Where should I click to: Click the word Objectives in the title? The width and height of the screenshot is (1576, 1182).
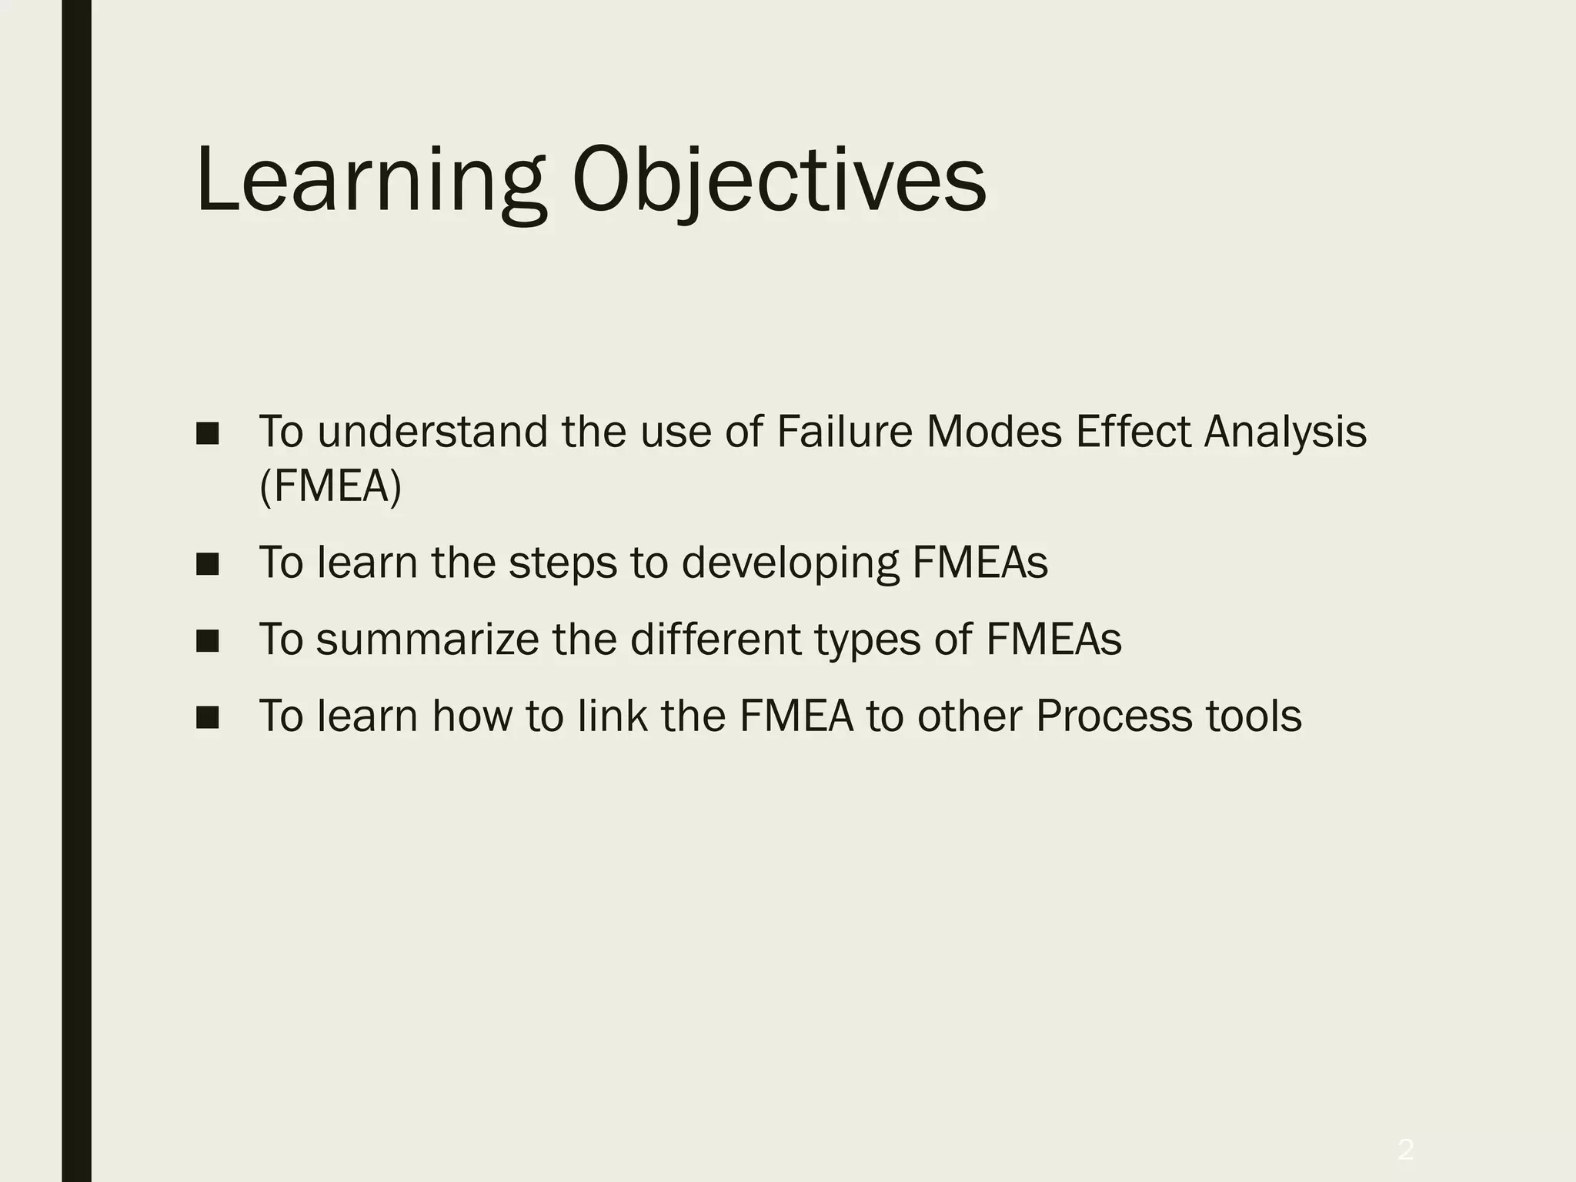pyautogui.click(x=779, y=182)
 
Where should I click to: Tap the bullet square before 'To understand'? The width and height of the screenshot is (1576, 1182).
pyautogui.click(x=207, y=433)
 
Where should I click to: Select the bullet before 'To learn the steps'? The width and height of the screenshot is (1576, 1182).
pyautogui.click(x=207, y=564)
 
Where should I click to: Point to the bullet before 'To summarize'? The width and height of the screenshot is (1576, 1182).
pyautogui.click(x=207, y=640)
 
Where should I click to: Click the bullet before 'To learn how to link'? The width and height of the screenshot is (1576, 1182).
pyautogui.click(x=207, y=717)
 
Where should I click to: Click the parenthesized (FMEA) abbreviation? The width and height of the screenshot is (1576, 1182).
pyautogui.click(x=331, y=486)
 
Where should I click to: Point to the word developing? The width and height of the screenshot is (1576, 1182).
pyautogui.click(x=790, y=563)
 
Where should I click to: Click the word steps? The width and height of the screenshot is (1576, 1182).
pyautogui.click(x=563, y=563)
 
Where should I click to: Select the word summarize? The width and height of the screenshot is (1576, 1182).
pyautogui.click(x=427, y=639)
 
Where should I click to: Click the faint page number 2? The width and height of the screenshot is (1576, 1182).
pyautogui.click(x=1405, y=1128)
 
